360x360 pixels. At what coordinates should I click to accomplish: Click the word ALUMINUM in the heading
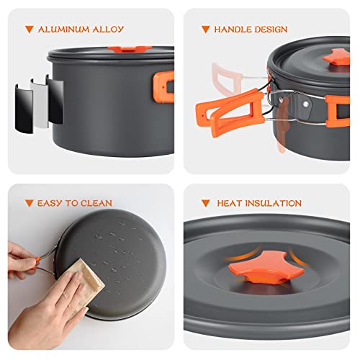(63, 30)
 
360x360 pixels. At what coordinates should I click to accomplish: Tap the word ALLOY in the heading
(108, 30)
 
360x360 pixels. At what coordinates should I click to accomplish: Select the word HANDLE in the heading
(233, 30)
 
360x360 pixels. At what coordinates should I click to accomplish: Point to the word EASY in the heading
(50, 203)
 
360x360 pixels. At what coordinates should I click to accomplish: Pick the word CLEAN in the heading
(96, 203)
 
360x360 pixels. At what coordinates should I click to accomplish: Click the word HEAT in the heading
(229, 203)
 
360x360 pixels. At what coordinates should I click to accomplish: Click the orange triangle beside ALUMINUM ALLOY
(30, 30)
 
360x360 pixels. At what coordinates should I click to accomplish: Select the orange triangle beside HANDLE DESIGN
(206, 30)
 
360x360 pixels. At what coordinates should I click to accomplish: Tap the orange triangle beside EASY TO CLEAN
(29, 203)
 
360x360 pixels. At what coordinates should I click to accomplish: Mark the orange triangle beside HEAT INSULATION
(206, 203)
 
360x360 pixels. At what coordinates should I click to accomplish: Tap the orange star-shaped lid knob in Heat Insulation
(266, 267)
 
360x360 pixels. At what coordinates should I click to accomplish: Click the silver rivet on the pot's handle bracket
(305, 104)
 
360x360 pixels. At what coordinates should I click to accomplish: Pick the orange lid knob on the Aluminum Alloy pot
(130, 49)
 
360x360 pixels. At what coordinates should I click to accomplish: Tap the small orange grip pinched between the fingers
(37, 261)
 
